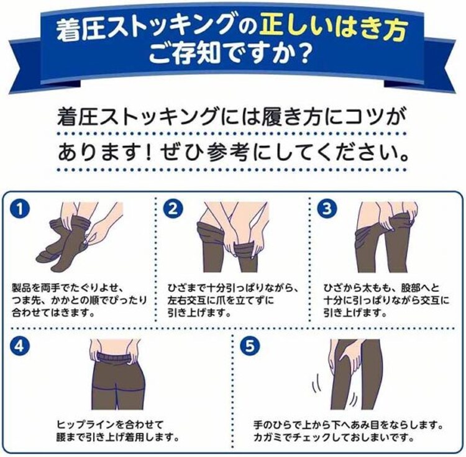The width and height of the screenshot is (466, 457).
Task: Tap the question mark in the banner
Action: (x=301, y=59)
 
